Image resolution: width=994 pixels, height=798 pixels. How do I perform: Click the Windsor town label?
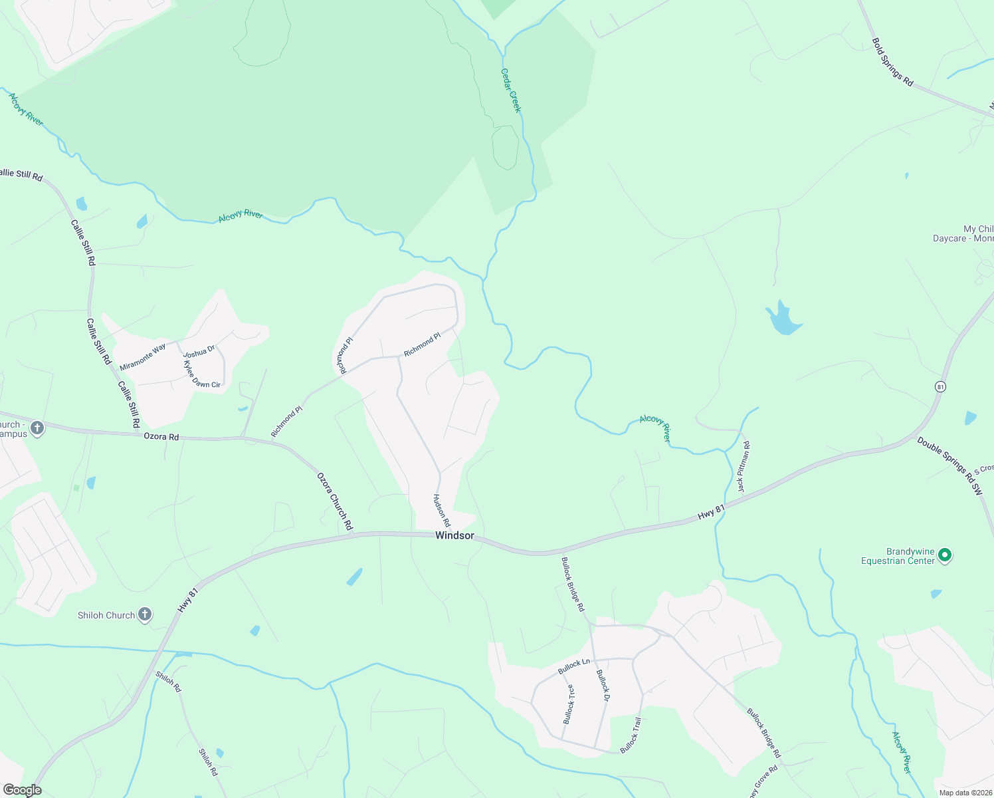click(x=454, y=535)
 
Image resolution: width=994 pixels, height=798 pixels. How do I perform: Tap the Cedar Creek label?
click(x=511, y=90)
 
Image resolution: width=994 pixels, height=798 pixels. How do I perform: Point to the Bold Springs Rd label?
click(x=892, y=63)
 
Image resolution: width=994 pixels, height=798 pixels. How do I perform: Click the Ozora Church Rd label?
click(x=335, y=502)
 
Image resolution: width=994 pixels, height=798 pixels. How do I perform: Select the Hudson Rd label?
click(x=442, y=510)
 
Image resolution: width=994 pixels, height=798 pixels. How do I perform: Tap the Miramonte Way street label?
click(x=143, y=357)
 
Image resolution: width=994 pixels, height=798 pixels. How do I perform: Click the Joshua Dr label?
click(x=199, y=350)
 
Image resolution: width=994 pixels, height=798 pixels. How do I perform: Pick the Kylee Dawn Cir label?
click(x=201, y=376)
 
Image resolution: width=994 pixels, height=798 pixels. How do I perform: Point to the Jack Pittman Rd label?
click(x=744, y=467)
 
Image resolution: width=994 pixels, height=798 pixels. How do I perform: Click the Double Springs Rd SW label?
click(x=949, y=465)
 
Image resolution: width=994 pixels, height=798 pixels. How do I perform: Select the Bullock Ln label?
click(x=574, y=666)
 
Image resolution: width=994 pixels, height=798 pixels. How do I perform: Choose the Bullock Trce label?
click(x=569, y=704)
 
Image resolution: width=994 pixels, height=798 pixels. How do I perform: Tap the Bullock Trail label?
click(x=631, y=735)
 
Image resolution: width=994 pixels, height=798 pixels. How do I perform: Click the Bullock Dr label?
click(x=603, y=685)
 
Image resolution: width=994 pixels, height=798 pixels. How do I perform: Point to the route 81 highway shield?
click(x=940, y=386)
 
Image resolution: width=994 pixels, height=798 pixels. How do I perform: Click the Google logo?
click(x=22, y=790)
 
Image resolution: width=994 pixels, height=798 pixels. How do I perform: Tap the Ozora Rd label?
click(x=161, y=437)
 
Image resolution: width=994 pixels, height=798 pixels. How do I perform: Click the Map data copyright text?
click(x=965, y=793)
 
